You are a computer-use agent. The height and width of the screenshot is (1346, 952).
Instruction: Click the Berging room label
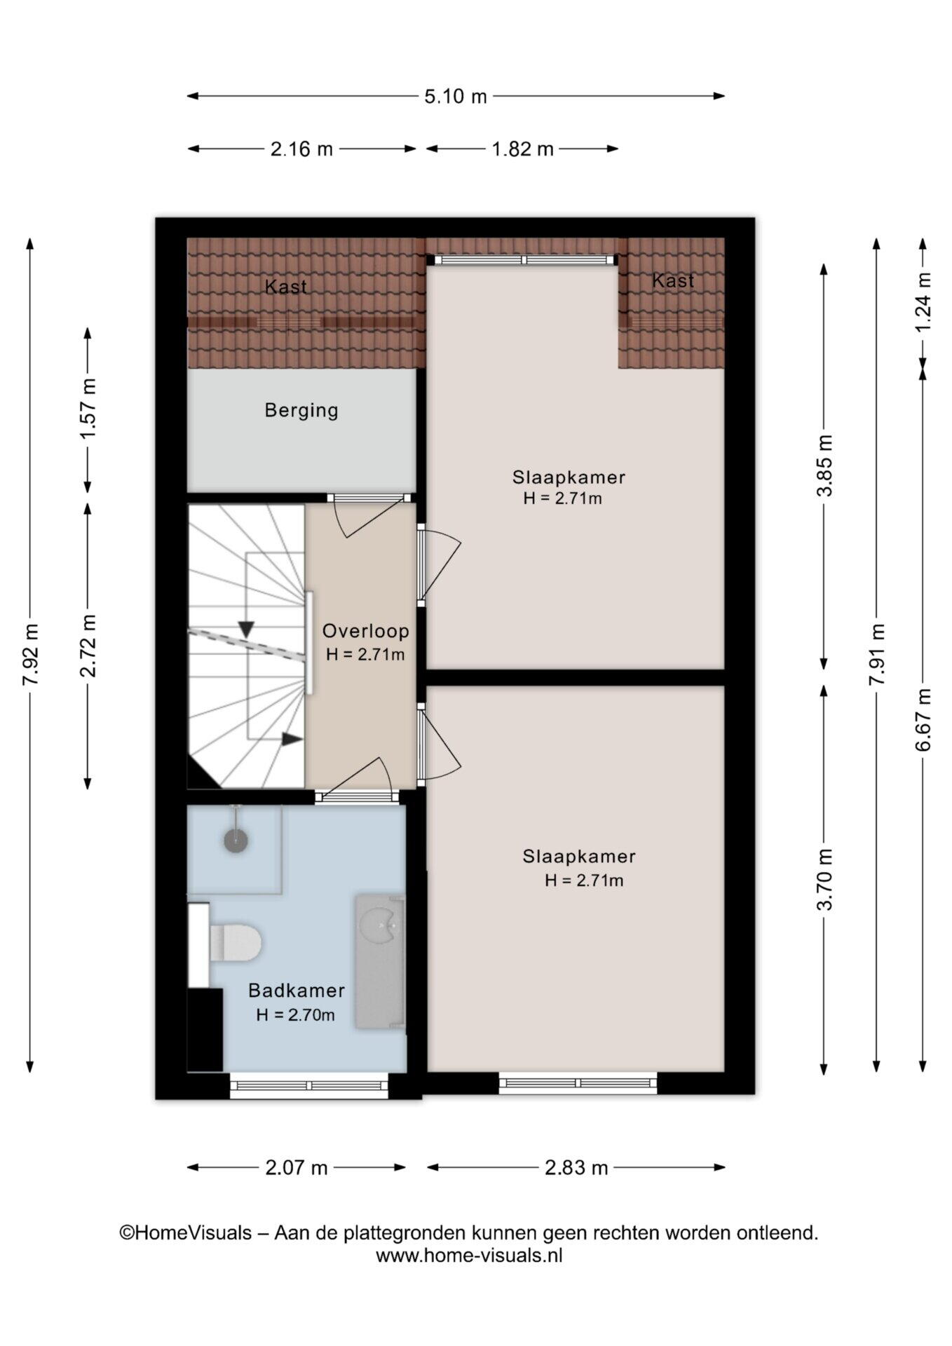pos(301,410)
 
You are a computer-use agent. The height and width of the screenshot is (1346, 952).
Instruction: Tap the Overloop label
pos(366,631)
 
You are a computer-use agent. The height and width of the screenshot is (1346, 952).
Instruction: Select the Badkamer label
pos(297,991)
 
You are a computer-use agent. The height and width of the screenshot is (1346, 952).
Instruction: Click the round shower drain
pos(236,839)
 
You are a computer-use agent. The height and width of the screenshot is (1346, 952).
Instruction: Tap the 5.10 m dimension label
pos(456,96)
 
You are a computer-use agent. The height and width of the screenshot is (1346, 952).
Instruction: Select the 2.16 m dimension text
pos(301,149)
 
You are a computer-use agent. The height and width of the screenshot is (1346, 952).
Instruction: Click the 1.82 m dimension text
pos(522,149)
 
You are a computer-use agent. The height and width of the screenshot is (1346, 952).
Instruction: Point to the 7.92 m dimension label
pos(30,655)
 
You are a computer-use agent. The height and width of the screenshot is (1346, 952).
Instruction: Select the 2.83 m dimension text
pos(576,1167)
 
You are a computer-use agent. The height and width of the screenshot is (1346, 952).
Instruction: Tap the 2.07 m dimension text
pos(297,1167)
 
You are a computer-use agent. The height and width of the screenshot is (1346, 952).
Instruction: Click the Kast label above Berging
pos(286,287)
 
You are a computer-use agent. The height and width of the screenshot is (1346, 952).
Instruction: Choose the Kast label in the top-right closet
pos(673,280)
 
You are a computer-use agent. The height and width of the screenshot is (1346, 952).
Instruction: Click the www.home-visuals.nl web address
pos(469,1256)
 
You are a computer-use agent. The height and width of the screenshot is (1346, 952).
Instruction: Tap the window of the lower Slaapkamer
pos(578,1084)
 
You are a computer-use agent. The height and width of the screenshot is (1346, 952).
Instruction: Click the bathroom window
pos(309,1086)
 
